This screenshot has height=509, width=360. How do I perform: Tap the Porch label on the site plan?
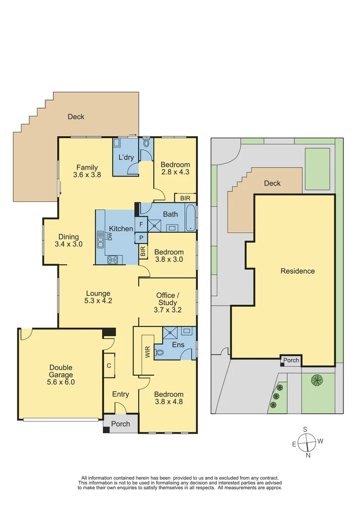pyautogui.click(x=291, y=361)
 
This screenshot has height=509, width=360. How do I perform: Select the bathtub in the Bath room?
pyautogui.click(x=190, y=217)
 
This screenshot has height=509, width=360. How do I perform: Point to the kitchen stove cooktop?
pyautogui.click(x=113, y=259)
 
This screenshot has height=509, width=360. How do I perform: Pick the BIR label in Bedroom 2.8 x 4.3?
pyautogui.click(x=185, y=198)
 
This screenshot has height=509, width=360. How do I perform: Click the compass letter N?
pyautogui.click(x=308, y=456)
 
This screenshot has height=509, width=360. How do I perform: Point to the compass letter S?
pyautogui.click(x=305, y=429)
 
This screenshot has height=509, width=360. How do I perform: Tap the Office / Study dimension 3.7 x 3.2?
pyautogui.click(x=168, y=310)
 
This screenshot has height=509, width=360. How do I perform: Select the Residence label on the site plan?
pyautogui.click(x=297, y=271)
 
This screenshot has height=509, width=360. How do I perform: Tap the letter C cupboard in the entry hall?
pyautogui.click(x=109, y=365)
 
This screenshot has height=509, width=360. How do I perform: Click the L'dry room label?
pyautogui.click(x=125, y=157)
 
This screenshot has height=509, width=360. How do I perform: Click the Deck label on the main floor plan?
pyautogui.click(x=76, y=116)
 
